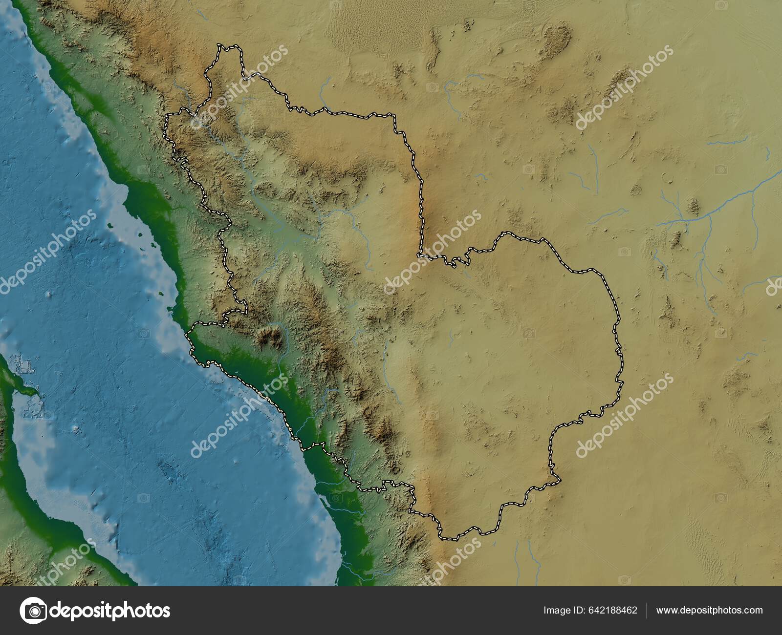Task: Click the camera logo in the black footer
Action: tap(33, 610)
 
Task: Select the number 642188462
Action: tap(613, 611)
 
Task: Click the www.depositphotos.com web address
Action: tap(709, 611)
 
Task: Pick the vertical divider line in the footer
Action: tap(647, 611)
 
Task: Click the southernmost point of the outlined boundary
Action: tap(450, 539)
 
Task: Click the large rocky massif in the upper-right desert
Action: tap(557, 37)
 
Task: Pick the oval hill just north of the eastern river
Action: tap(693, 206)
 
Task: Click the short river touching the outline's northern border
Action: tap(323, 93)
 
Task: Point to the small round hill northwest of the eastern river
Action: tap(636, 190)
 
